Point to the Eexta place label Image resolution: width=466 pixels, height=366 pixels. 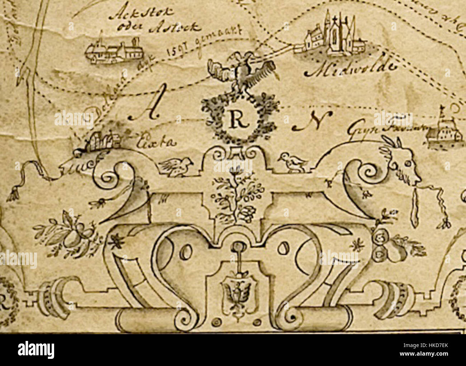[x=156, y=142]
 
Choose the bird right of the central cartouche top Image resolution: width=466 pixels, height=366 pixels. [x=293, y=162]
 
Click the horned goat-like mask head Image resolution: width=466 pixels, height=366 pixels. [x=404, y=167]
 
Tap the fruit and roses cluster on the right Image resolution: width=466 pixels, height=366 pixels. [x=393, y=245]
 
